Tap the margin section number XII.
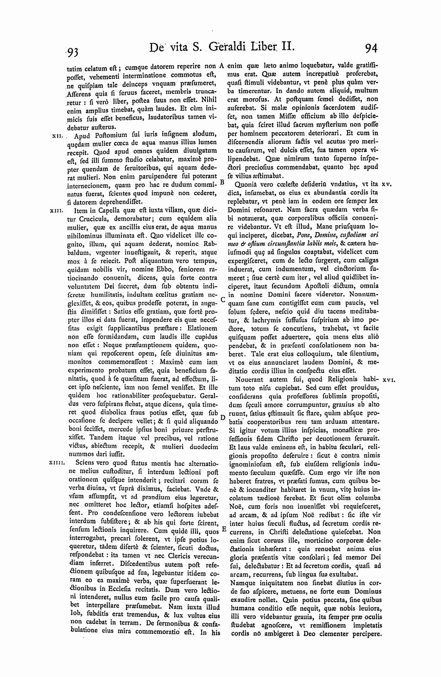(x=57, y=136)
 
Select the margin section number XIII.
(x=57, y=211)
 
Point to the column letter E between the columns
(x=223, y=528)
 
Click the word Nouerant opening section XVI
(x=250, y=380)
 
